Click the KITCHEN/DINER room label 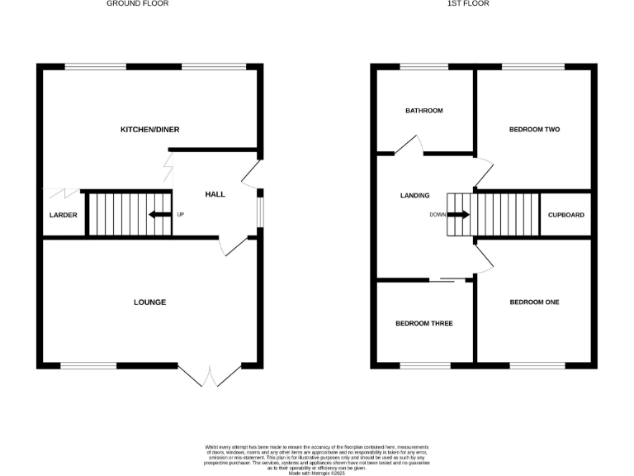pyautogui.click(x=149, y=130)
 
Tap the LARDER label pyautogui.click(x=63, y=215)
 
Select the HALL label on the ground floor pyautogui.click(x=215, y=194)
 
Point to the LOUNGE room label pyautogui.click(x=149, y=302)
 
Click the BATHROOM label pyautogui.click(x=423, y=111)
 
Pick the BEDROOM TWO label pyautogui.click(x=534, y=130)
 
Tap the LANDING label pyautogui.click(x=414, y=196)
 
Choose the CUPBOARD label pyautogui.click(x=566, y=215)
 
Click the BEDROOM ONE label pyautogui.click(x=534, y=302)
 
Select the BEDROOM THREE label pyautogui.click(x=423, y=323)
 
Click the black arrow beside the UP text pyautogui.click(x=156, y=215)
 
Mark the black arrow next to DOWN pyautogui.click(x=461, y=215)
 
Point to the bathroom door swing pyautogui.click(x=409, y=145)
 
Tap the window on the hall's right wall pyautogui.click(x=260, y=208)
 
